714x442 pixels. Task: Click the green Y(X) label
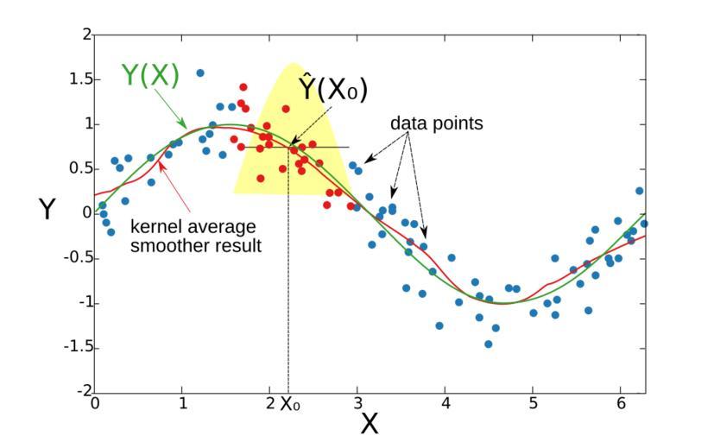coord(150,76)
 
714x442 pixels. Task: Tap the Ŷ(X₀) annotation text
coord(333,89)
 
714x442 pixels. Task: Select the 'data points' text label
coord(436,123)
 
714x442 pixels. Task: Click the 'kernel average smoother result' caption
coord(194,236)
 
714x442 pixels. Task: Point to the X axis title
coord(369,424)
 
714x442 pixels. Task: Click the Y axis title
coord(47,209)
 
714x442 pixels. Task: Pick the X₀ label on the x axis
coord(291,404)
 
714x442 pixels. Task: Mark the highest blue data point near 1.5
coord(200,73)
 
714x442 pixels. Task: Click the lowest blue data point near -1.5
coord(488,344)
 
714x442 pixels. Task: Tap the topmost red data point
coord(243,87)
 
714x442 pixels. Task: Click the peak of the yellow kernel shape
coord(292,65)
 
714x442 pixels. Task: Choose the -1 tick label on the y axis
coord(80,303)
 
